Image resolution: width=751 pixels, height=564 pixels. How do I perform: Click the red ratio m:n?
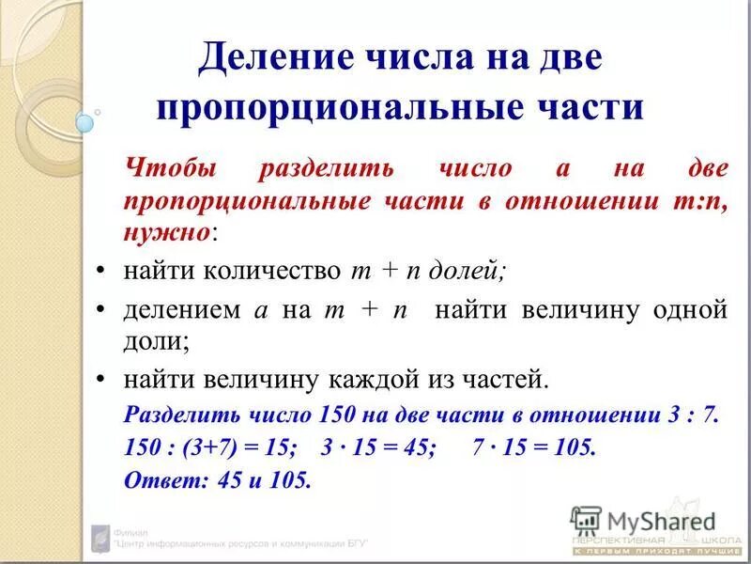coord(701,200)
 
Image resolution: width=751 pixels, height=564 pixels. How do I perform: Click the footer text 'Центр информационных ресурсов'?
coord(239,543)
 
